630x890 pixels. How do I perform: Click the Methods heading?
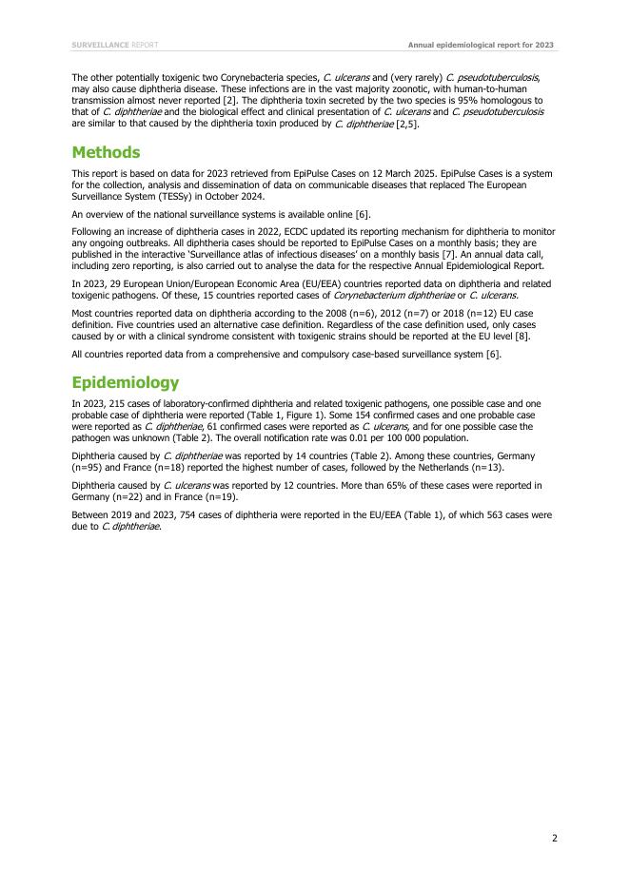click(106, 152)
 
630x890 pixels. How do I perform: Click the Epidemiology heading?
click(125, 382)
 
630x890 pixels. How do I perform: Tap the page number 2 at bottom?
click(554, 838)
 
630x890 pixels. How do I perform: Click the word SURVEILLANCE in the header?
click(100, 45)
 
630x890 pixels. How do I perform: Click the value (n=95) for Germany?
click(87, 468)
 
